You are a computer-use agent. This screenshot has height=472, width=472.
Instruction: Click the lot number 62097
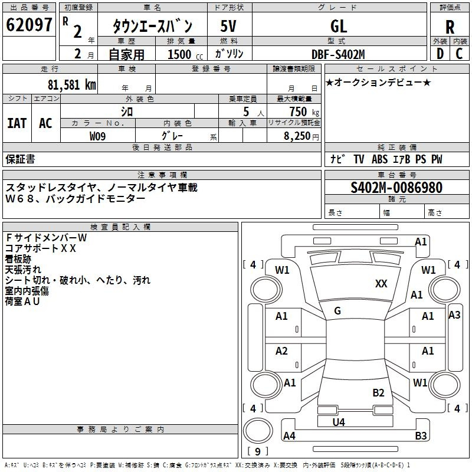pos(29,25)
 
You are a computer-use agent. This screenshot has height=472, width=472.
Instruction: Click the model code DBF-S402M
pos(338,54)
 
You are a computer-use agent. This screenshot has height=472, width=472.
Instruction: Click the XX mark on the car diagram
pos(381,284)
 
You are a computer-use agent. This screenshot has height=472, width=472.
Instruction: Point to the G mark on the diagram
pos(337,311)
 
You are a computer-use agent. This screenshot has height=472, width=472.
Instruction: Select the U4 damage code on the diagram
pos(338,422)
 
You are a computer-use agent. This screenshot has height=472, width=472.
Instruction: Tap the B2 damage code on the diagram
pos(378,393)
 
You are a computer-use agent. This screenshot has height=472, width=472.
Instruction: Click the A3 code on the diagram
pos(454,315)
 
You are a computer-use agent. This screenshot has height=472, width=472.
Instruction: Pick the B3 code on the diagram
pos(421,436)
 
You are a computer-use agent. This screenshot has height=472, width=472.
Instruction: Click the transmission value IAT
pos(17,123)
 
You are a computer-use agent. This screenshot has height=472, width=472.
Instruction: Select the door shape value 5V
pos(229,26)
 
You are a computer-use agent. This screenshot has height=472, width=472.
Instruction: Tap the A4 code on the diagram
pos(289,436)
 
